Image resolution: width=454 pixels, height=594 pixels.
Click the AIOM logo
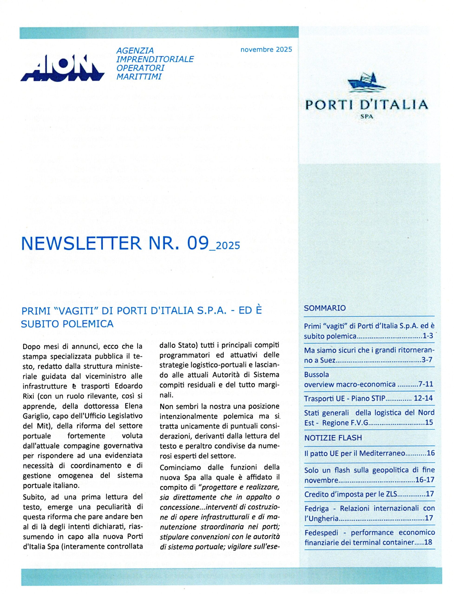point(62,68)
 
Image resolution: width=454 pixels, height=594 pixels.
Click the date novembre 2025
point(266,49)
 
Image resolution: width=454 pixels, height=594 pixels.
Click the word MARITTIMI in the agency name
point(139,77)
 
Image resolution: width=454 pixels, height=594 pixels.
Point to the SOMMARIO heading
point(325,308)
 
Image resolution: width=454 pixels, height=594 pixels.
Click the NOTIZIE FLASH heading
point(333,438)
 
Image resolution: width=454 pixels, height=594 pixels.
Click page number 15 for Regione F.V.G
point(429,422)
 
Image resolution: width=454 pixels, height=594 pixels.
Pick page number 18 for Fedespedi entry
point(428,542)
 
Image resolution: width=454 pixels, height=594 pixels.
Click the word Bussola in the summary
point(317,374)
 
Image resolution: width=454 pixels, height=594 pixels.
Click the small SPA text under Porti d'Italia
point(366,117)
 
